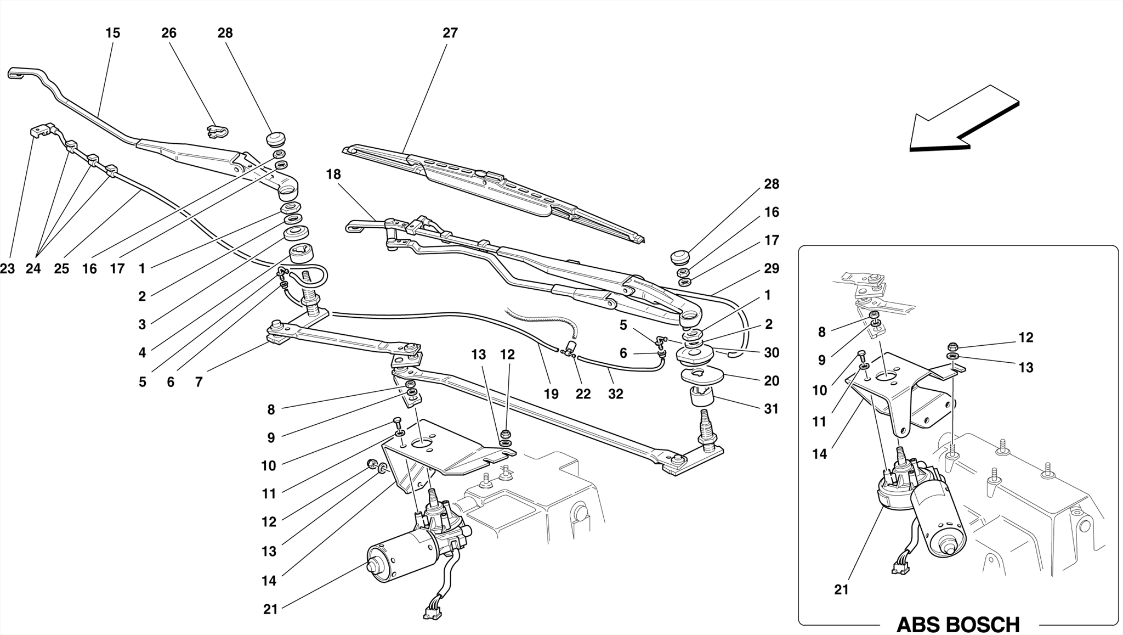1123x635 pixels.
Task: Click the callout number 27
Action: (x=450, y=33)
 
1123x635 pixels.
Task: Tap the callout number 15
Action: (x=112, y=33)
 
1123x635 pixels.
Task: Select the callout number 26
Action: (x=169, y=33)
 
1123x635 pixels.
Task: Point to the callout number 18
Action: (x=333, y=175)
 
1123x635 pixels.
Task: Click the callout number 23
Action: (x=8, y=269)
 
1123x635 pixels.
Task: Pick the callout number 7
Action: (x=198, y=381)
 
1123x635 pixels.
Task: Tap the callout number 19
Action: (x=551, y=394)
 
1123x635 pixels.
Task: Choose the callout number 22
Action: (x=583, y=394)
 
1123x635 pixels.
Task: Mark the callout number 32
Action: (x=616, y=394)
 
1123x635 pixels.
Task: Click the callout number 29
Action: (x=772, y=268)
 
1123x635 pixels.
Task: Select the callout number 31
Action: (x=772, y=409)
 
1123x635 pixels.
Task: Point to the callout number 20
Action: (x=772, y=381)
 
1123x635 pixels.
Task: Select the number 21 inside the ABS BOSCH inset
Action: (x=841, y=590)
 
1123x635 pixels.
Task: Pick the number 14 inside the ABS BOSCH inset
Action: (x=820, y=454)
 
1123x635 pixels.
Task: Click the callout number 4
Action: (x=143, y=353)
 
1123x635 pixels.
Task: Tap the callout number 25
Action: (x=61, y=269)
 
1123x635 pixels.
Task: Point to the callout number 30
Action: (x=772, y=353)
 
